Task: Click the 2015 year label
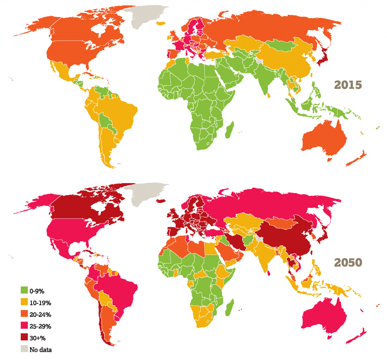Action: click(347, 85)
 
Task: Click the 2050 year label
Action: click(347, 262)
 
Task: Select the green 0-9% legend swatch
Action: click(25, 290)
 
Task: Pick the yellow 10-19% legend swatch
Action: click(25, 302)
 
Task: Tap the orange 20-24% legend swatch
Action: click(25, 314)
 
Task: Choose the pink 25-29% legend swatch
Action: click(25, 326)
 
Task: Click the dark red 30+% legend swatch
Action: click(25, 337)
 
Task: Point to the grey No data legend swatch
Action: click(25, 349)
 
